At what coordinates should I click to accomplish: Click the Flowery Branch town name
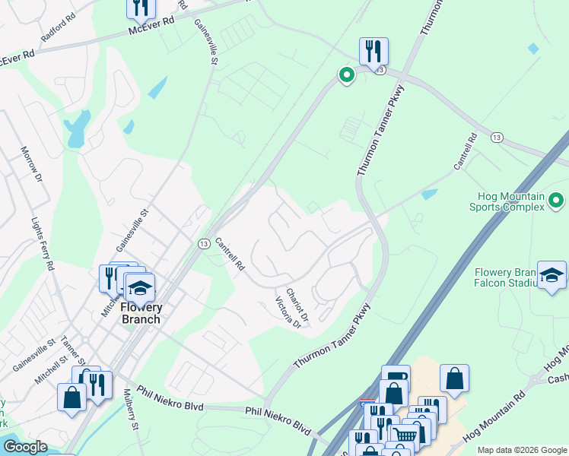tap(131, 313)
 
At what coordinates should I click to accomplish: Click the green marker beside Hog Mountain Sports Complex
tap(556, 201)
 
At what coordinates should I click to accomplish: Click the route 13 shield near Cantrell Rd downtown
tap(204, 243)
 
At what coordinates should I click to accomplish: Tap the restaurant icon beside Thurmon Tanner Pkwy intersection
tap(374, 52)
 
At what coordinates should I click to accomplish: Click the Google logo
tap(25, 447)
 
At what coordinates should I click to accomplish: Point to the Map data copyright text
tap(522, 450)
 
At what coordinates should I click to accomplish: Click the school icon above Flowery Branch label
tap(139, 288)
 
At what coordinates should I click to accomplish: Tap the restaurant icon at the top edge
tap(141, 8)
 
